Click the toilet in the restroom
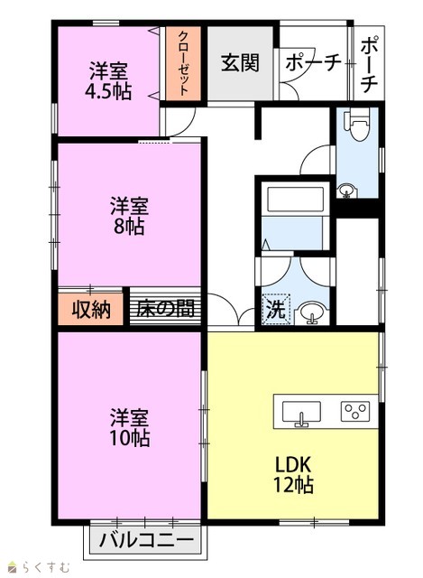(357, 125)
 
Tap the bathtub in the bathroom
(295, 199)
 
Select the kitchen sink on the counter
(301, 412)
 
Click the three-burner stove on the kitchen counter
(354, 411)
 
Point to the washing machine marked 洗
(277, 309)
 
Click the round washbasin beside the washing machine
(312, 312)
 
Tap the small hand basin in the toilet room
(346, 191)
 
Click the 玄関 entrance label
(241, 62)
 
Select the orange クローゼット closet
(183, 63)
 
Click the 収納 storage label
(91, 309)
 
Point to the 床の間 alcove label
(165, 309)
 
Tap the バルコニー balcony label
(146, 541)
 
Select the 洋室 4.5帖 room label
(108, 81)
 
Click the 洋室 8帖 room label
(129, 216)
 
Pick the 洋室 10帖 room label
(130, 427)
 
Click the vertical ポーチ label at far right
(369, 64)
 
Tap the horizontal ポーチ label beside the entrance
(313, 63)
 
